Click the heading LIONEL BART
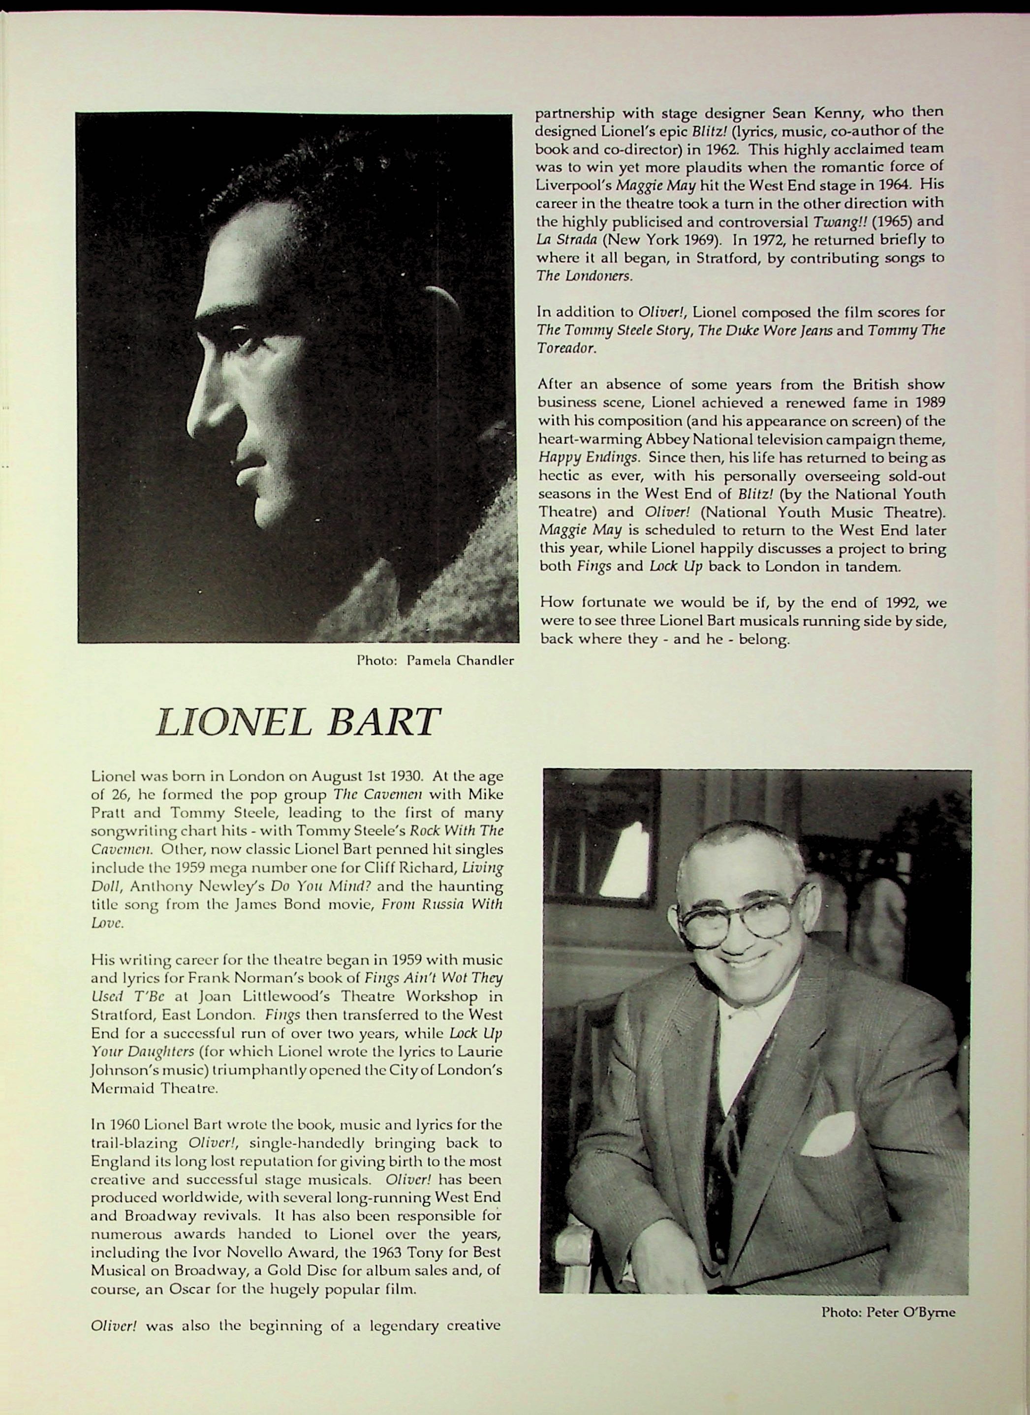click(x=298, y=722)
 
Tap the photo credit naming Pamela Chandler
click(x=435, y=661)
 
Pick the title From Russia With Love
click(x=442, y=904)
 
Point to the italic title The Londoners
click(x=584, y=276)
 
